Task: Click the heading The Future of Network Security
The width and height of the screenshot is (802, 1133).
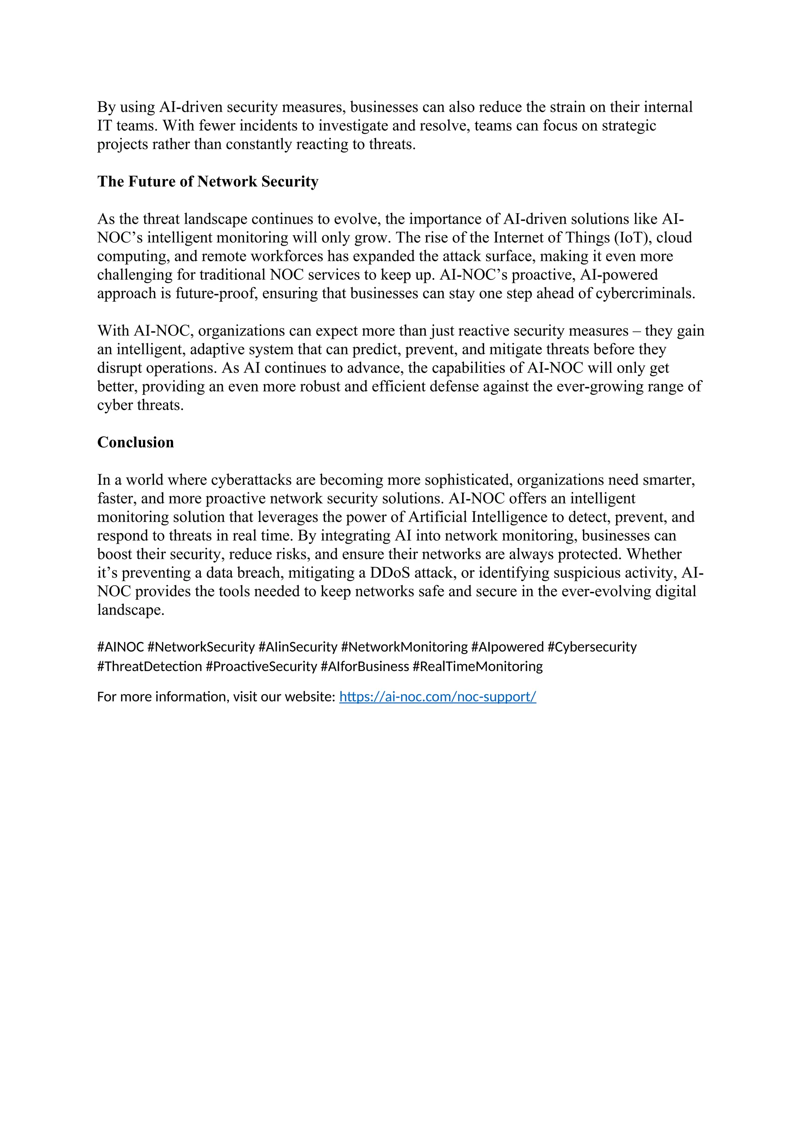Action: tap(208, 182)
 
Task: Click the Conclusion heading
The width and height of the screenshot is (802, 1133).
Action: tap(135, 442)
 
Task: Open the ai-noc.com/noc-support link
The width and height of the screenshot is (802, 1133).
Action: tap(437, 696)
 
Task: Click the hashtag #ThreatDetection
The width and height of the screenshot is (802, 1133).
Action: tap(150, 666)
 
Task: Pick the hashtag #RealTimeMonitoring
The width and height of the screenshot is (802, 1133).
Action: tap(477, 666)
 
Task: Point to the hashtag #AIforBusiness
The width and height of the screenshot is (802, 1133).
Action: tap(365, 666)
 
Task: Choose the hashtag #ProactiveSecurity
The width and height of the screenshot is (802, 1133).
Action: tap(261, 666)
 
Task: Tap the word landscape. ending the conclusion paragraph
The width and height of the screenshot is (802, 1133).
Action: tap(130, 610)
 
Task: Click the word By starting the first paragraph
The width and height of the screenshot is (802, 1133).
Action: tap(106, 107)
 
